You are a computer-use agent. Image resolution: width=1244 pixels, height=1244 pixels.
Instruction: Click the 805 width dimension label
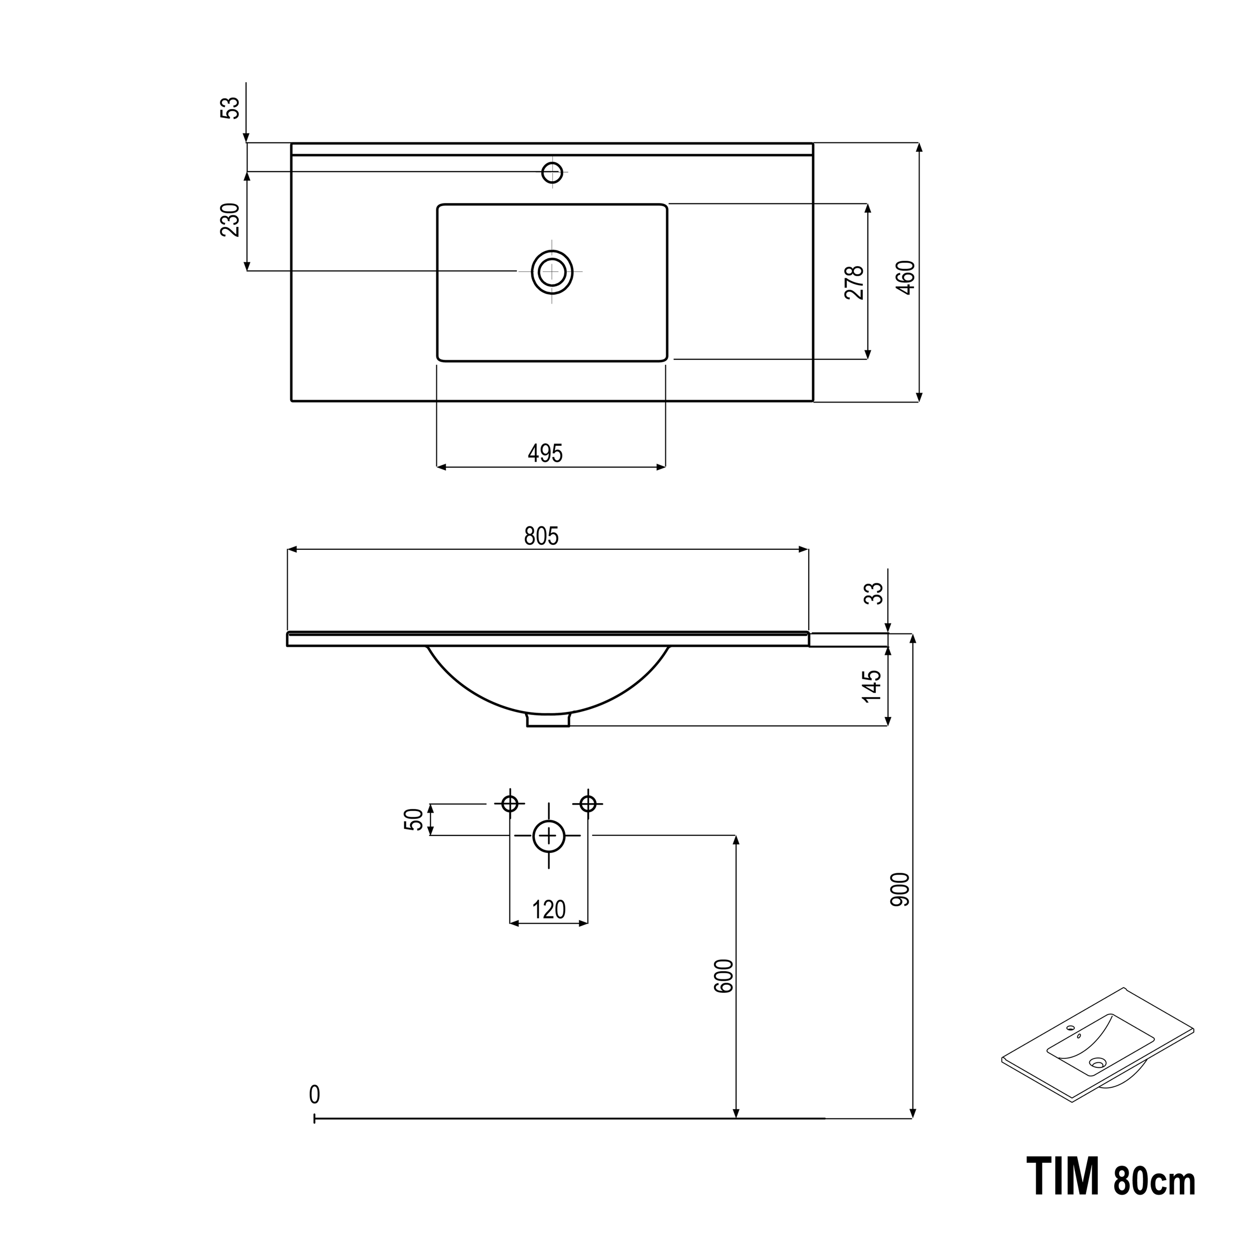coord(541,536)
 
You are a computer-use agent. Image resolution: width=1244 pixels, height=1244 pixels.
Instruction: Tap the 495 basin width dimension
coord(545,453)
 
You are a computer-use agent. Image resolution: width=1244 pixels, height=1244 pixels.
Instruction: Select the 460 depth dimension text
coord(906,278)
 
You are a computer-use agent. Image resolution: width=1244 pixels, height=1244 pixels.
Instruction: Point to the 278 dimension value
coord(854,283)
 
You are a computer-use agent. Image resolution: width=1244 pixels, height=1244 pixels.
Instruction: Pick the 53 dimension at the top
coord(230,107)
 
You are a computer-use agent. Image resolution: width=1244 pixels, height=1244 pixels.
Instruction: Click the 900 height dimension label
coord(900,889)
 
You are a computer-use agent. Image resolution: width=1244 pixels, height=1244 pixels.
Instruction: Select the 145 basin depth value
coord(872,686)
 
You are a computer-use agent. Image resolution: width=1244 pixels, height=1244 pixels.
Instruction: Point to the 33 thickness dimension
coord(874,593)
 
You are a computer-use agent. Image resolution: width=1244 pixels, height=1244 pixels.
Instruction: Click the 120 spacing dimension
coord(548,909)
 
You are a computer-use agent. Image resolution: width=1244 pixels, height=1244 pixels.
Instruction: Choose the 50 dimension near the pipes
coord(415,819)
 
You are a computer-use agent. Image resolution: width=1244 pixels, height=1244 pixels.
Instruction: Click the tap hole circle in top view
coord(552,173)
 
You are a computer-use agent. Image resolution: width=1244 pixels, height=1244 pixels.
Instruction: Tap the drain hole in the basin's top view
coord(552,272)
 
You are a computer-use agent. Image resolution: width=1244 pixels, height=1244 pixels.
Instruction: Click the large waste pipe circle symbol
coord(548,836)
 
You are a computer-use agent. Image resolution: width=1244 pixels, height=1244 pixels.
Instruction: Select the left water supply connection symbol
coord(510,804)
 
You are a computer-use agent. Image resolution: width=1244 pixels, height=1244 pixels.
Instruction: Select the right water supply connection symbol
coord(588,804)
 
